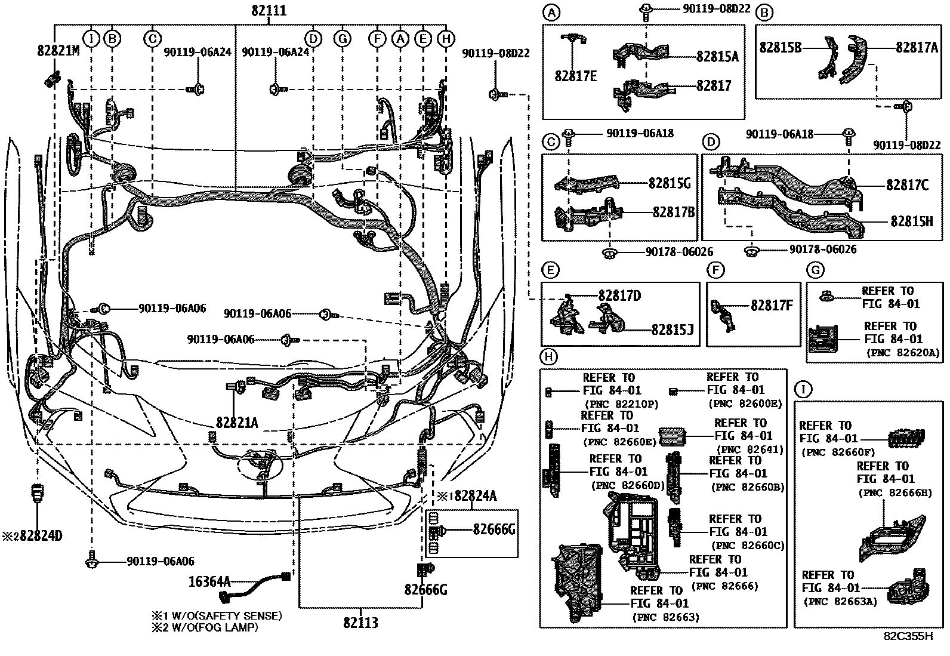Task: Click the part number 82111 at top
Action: (x=268, y=10)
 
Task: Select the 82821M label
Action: (x=57, y=51)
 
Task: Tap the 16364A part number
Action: (x=209, y=580)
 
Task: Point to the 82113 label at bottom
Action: (x=360, y=623)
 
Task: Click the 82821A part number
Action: (x=237, y=423)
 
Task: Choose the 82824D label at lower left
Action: (x=36, y=535)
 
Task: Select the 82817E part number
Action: (x=575, y=76)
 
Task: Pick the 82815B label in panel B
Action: (x=781, y=47)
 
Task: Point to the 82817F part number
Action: (x=772, y=306)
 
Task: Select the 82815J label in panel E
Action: (x=673, y=329)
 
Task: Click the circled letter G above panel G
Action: (x=815, y=270)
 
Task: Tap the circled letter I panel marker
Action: (x=803, y=390)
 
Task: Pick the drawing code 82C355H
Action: (x=908, y=636)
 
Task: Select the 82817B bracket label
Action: (x=673, y=212)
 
